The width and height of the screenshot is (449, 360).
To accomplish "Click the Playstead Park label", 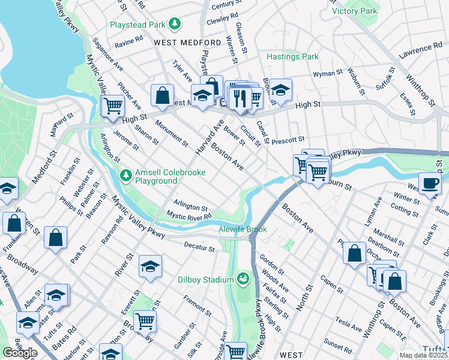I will (137, 25).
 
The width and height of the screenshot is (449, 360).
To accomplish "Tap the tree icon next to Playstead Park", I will (174, 24).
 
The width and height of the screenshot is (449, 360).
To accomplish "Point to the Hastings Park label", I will (292, 56).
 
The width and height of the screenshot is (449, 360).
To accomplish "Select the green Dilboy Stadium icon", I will (243, 279).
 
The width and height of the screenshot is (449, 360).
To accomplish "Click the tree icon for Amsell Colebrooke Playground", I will (126, 176).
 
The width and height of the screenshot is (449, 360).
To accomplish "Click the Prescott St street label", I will (289, 142).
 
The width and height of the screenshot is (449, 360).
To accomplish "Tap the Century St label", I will (226, 4).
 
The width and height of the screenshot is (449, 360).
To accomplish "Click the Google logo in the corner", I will (20, 353).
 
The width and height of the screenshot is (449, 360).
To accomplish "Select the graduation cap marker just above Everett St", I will (150, 267).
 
